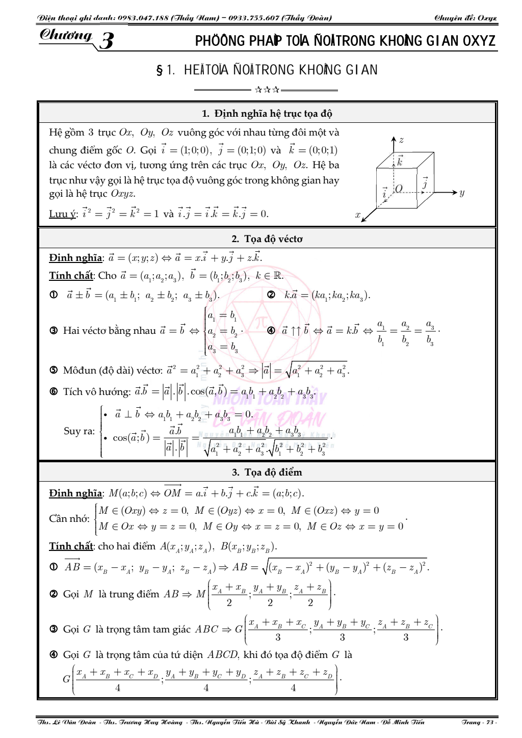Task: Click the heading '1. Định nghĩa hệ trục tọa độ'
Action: pos(267,113)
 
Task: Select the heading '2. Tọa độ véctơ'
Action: pos(267,239)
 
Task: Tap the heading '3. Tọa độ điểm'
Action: pos(267,472)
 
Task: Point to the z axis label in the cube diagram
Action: pos(401,140)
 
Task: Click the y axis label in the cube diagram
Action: pos(461,193)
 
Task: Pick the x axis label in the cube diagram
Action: pos(358,215)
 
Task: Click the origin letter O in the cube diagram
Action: pos(399,189)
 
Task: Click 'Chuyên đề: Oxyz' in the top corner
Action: pos(465,18)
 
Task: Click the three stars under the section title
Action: pos(267,90)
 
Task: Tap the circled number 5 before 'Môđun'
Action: pos(54,371)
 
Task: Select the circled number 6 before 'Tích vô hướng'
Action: pos(54,391)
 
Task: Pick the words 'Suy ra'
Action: pos(79,431)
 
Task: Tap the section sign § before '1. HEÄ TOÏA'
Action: pos(160,70)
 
